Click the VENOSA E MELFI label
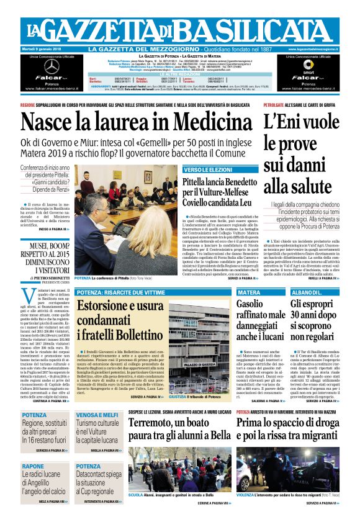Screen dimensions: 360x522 pos(97,414)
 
